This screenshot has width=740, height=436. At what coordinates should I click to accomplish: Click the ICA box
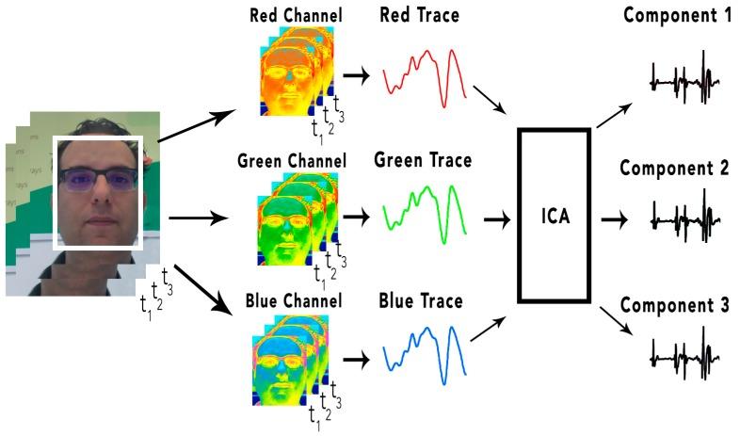[554, 216]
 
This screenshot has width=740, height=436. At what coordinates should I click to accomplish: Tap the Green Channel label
[293, 161]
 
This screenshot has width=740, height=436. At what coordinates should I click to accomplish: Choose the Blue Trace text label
[421, 301]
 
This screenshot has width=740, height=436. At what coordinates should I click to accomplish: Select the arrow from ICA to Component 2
[615, 218]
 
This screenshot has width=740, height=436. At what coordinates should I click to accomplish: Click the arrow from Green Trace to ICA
[495, 218]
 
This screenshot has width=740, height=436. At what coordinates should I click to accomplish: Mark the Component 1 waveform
[685, 81]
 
